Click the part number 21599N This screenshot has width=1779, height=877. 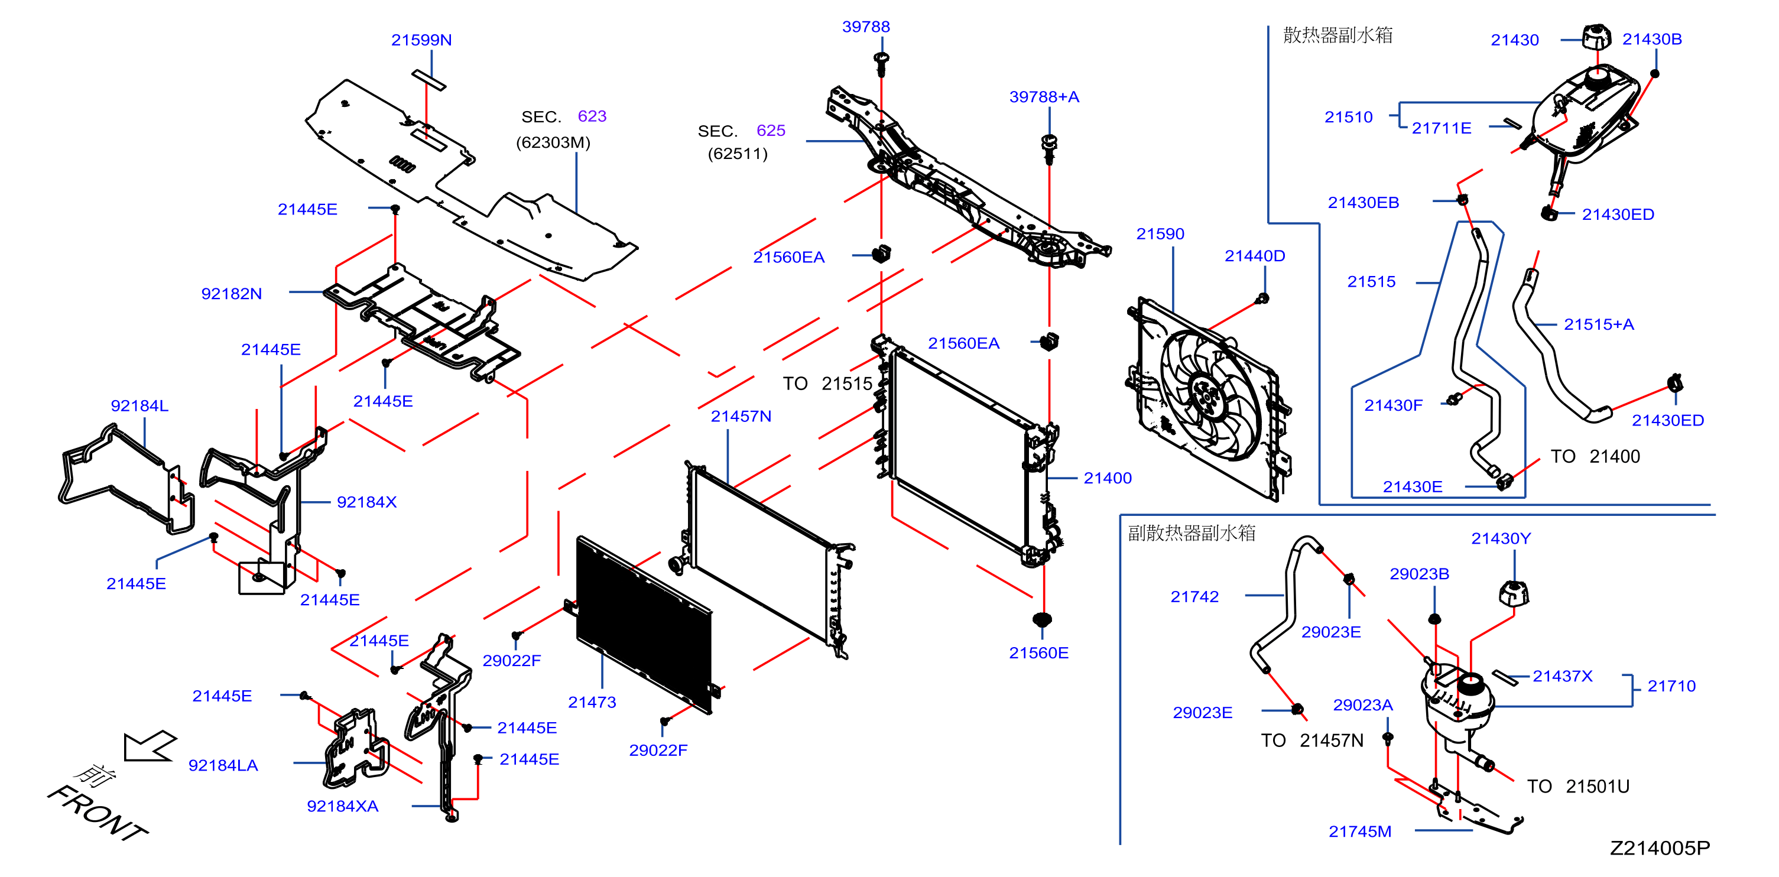click(421, 40)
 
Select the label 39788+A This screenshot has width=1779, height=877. click(1044, 97)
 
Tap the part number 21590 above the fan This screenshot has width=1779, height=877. click(1160, 234)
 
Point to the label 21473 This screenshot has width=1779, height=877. click(592, 702)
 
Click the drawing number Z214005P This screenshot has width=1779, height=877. click(1660, 848)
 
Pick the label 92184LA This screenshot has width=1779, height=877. click(223, 765)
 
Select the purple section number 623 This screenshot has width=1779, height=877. click(592, 116)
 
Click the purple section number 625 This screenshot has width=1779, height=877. click(771, 131)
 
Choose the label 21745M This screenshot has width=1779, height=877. click(1360, 831)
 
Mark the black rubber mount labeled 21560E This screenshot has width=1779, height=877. click(1042, 619)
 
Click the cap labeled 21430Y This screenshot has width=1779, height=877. click(1514, 593)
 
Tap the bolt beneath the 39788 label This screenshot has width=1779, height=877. click(881, 64)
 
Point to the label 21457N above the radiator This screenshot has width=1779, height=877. click(741, 417)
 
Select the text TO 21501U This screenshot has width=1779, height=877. click(1578, 787)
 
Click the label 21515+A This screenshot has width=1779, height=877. click(1599, 324)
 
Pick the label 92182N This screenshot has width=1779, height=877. click(231, 294)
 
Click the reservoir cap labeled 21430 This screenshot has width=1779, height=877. click(1596, 37)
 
